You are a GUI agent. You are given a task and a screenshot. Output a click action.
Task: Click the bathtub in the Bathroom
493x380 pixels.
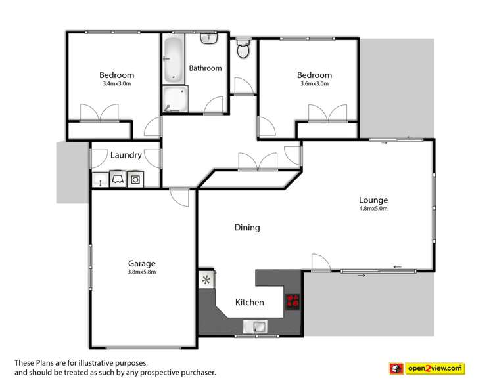click(174, 59)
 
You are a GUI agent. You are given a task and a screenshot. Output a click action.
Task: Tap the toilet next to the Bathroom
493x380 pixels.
click(243, 48)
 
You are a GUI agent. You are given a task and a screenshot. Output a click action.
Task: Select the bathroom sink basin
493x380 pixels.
click(210, 39)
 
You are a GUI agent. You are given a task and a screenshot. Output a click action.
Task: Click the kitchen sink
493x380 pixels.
click(254, 326)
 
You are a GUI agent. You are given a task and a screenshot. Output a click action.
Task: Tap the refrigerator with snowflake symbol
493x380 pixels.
click(206, 280)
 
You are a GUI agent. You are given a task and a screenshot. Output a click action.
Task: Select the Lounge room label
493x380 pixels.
click(373, 200)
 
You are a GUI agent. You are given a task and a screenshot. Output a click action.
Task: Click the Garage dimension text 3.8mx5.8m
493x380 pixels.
click(141, 272)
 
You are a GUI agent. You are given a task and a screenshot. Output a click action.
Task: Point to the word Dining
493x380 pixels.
click(247, 228)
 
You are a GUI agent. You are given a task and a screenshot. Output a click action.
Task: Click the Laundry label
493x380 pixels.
click(126, 156)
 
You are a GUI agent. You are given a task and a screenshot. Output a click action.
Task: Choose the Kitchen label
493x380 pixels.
click(249, 303)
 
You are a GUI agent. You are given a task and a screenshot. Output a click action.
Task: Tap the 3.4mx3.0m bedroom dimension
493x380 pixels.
click(116, 84)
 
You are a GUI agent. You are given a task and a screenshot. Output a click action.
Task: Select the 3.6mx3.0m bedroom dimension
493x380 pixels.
click(314, 84)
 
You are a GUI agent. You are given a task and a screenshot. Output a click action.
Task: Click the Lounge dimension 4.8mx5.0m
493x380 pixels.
click(373, 209)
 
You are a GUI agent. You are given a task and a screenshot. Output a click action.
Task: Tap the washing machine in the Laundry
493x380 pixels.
click(136, 179)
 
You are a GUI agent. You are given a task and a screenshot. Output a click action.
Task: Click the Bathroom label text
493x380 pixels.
click(205, 68)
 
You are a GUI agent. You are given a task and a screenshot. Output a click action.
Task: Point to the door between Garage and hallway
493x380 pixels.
click(178, 195)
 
